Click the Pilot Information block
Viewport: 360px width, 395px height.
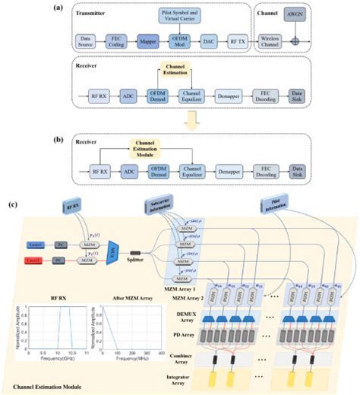click(273, 203)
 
